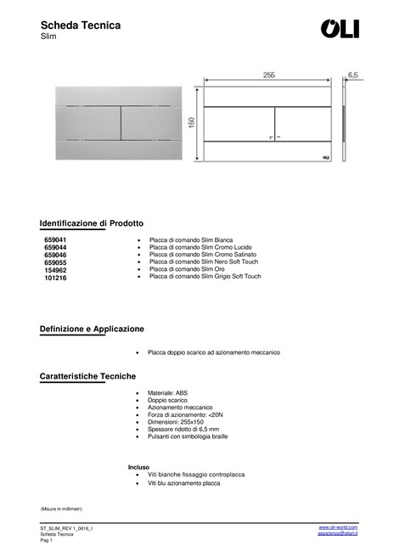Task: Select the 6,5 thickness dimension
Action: (x=352, y=76)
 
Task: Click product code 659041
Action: (x=55, y=240)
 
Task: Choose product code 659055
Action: (x=55, y=262)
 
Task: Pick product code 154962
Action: (x=55, y=270)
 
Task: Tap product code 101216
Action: (x=55, y=278)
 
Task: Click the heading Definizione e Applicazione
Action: (x=92, y=329)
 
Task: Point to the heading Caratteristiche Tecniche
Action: (x=87, y=375)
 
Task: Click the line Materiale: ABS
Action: (x=168, y=393)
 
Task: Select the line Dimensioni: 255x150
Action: (x=176, y=422)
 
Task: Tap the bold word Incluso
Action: (x=138, y=467)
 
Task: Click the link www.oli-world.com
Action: (x=338, y=527)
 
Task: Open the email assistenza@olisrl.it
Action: (x=337, y=533)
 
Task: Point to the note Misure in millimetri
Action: (x=61, y=508)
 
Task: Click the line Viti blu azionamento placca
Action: (x=183, y=482)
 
